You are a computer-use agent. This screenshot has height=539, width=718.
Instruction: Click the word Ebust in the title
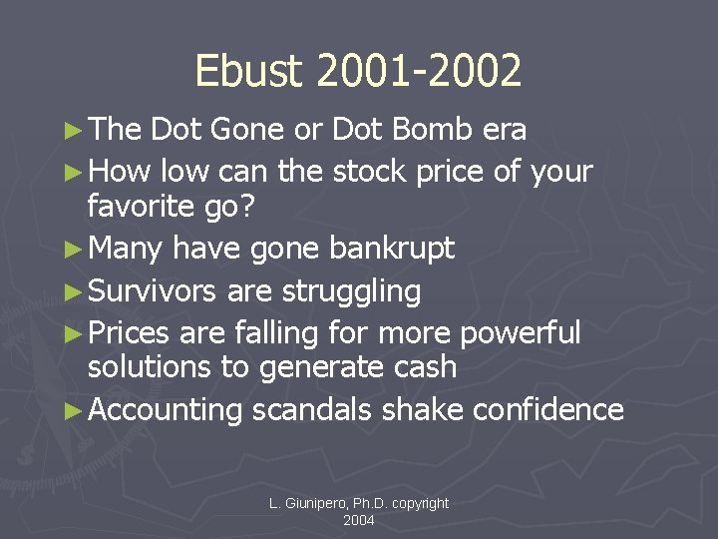click(248, 72)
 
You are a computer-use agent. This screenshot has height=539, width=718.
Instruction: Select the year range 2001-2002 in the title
click(417, 72)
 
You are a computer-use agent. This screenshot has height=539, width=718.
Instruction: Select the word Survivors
click(153, 291)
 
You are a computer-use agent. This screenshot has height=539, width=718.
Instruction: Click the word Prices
click(132, 332)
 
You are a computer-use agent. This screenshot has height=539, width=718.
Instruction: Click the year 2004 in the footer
click(359, 521)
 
